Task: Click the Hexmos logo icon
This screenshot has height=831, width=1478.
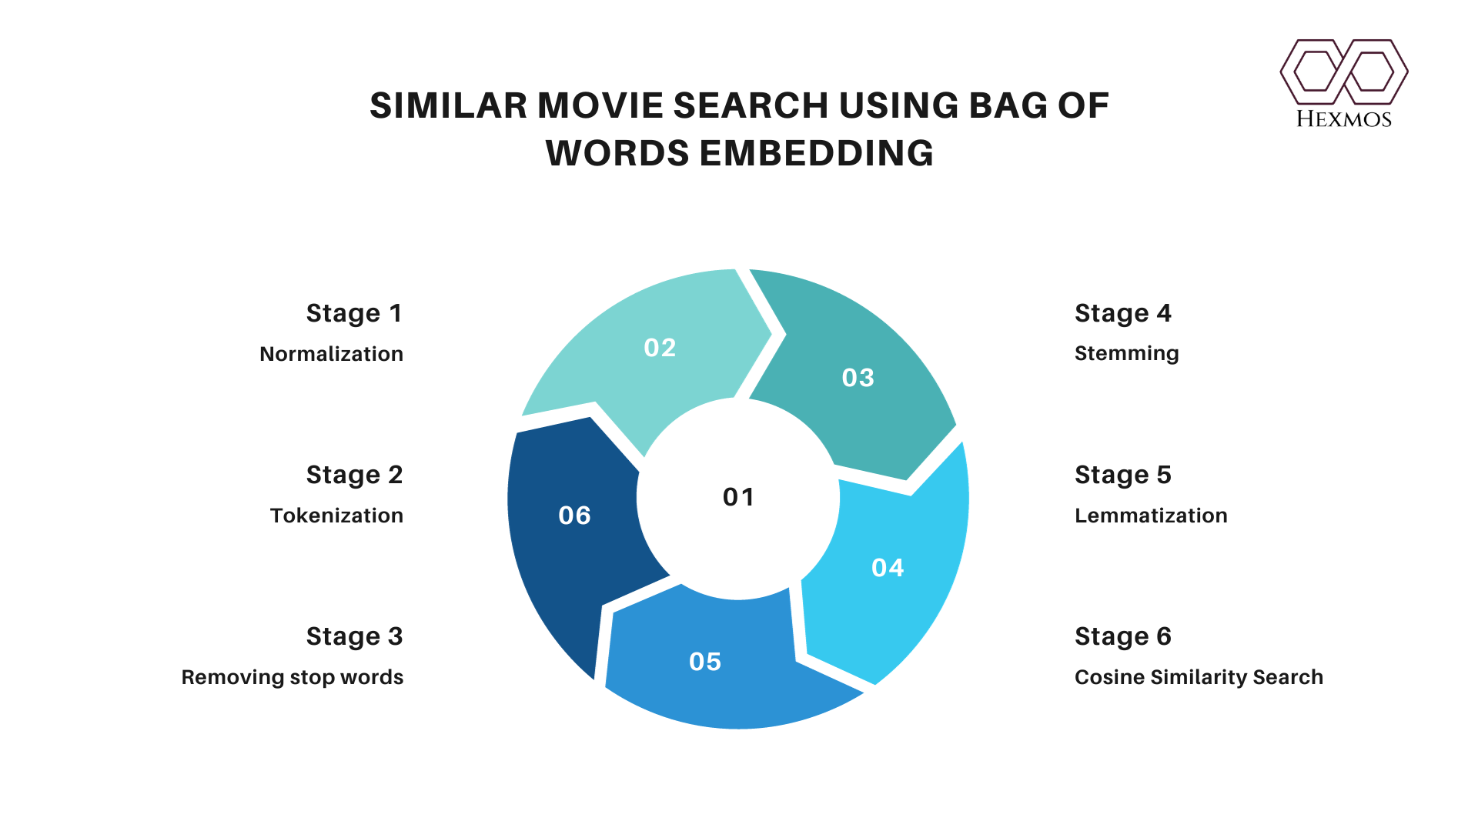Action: [1344, 72]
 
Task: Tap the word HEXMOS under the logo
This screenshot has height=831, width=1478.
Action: [1344, 118]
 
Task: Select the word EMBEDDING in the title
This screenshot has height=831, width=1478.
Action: [817, 153]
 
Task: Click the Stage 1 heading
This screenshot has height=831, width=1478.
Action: [354, 314]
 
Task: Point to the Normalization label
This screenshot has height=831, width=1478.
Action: [331, 354]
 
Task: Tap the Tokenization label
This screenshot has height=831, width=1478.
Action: [336, 516]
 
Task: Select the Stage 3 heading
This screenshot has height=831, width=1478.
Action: [354, 637]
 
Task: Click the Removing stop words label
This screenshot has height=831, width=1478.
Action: [293, 677]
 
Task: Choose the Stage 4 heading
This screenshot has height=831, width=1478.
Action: [1123, 314]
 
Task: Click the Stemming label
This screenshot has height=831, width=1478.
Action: [1127, 354]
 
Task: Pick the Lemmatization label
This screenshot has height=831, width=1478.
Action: [1151, 516]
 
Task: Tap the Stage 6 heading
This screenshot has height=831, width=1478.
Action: [1123, 637]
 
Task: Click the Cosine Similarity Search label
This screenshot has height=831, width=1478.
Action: [1199, 677]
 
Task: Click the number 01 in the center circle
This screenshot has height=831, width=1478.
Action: [738, 497]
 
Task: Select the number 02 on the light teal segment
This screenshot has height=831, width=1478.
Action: [660, 348]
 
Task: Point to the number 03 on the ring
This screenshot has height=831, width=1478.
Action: [858, 378]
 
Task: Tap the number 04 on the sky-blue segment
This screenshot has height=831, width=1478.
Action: [888, 568]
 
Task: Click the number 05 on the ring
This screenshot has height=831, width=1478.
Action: [705, 662]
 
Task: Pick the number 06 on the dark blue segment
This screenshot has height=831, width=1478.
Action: [574, 516]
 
